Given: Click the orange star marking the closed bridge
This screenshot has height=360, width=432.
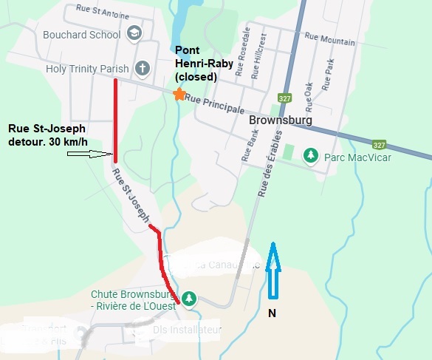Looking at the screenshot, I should pyautogui.click(x=177, y=94).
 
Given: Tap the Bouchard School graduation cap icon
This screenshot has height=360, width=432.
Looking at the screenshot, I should pyautogui.click(x=134, y=33).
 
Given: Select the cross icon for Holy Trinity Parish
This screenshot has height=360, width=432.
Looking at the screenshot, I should pyautogui.click(x=143, y=69).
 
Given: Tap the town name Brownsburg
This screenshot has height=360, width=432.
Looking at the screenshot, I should pyautogui.click(x=281, y=120).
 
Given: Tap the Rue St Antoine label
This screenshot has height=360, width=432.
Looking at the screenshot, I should pyautogui.click(x=102, y=13).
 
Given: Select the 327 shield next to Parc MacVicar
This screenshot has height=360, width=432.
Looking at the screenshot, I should pyautogui.click(x=380, y=145).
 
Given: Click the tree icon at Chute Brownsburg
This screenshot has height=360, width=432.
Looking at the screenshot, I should pyautogui.click(x=190, y=298).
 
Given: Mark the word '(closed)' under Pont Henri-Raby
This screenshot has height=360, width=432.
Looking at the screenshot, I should pyautogui.click(x=195, y=76).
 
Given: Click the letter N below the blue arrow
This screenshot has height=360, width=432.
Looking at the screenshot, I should pyautogui.click(x=272, y=313).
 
